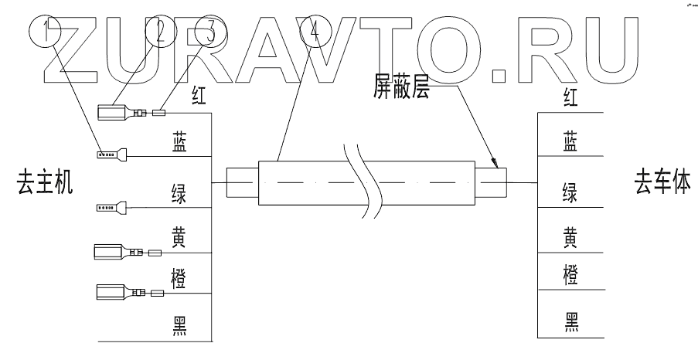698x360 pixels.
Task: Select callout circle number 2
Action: (161, 32)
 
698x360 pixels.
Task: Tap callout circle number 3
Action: (209, 32)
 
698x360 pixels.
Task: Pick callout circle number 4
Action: (313, 32)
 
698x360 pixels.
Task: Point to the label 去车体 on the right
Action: (662, 184)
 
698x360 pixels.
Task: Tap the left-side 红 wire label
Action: (199, 95)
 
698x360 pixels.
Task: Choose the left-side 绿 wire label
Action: (179, 192)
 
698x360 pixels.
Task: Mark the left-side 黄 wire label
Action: (179, 238)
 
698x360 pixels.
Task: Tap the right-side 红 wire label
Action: (571, 97)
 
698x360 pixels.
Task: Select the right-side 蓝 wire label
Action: (571, 141)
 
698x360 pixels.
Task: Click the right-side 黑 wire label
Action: (571, 321)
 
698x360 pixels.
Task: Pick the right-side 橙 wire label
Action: (571, 273)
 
